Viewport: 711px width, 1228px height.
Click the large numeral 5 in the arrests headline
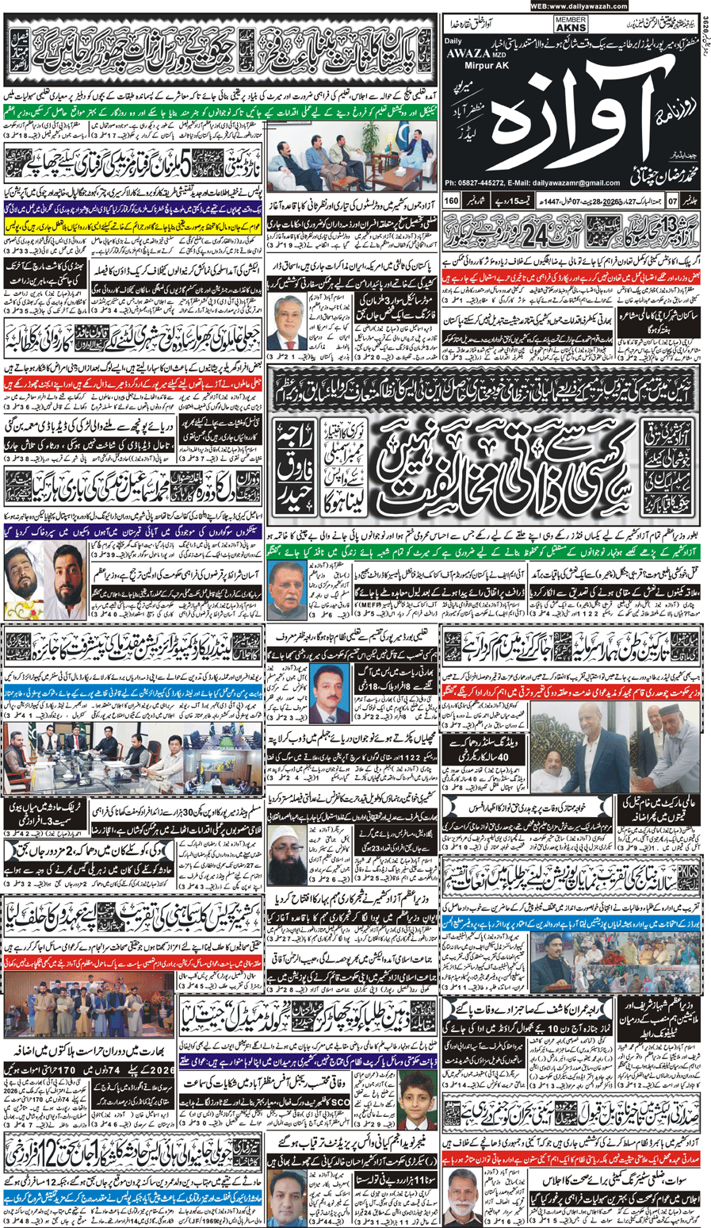[185, 167]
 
